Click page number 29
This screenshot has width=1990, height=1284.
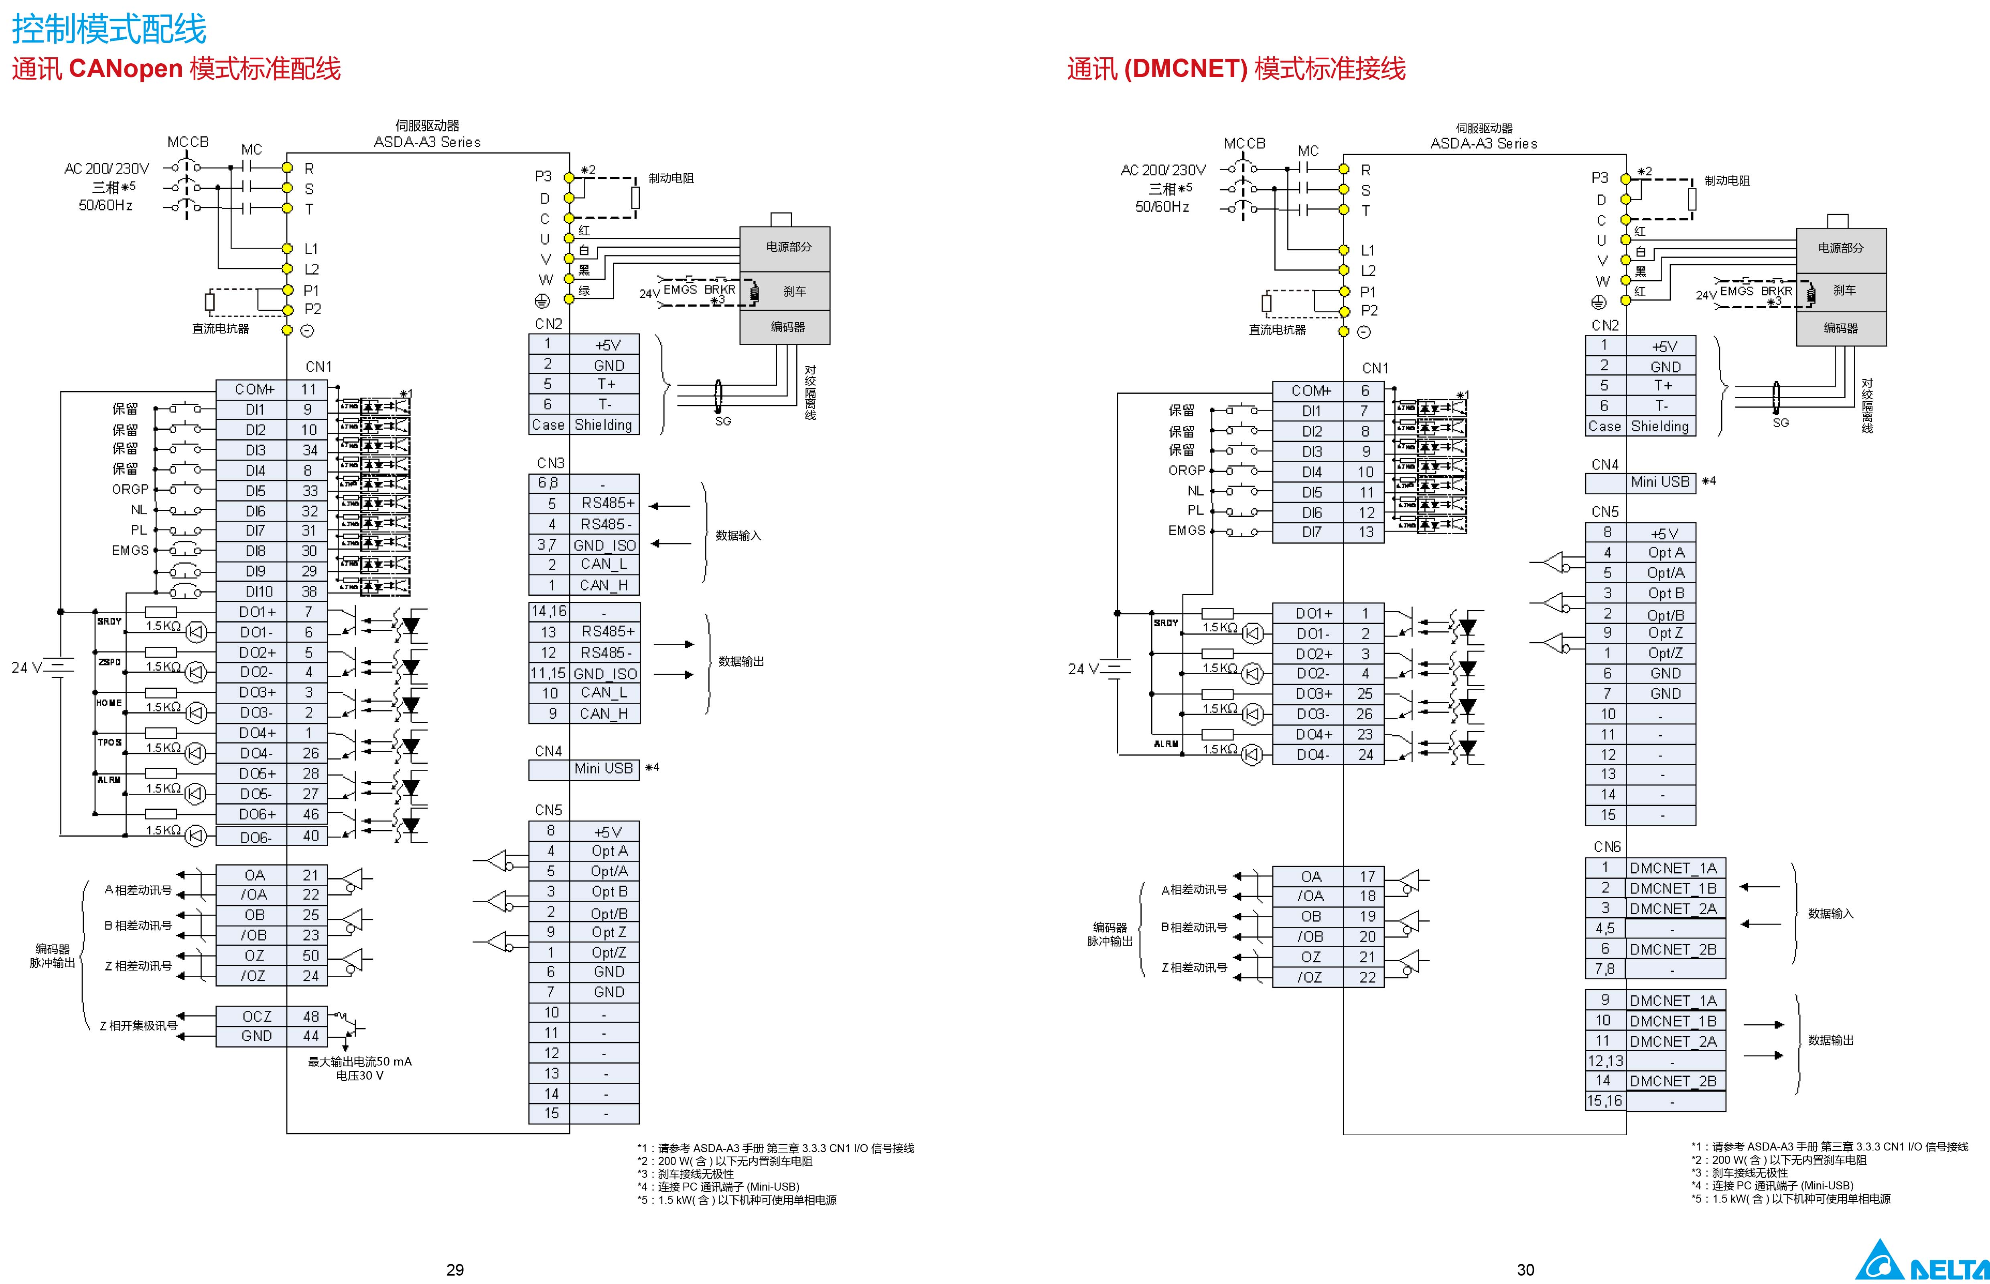click(454, 1269)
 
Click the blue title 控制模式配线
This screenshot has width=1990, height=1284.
click(108, 30)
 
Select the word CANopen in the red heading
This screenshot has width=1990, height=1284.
click(125, 69)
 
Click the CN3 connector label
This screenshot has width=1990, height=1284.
click(550, 463)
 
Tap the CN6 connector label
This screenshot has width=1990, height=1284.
click(1607, 846)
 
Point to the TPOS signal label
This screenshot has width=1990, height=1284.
click(109, 742)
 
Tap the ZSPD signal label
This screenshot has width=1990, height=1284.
click(109, 662)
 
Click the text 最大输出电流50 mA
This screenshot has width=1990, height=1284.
click(359, 1062)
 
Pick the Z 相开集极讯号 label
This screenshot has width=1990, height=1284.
click(138, 1025)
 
